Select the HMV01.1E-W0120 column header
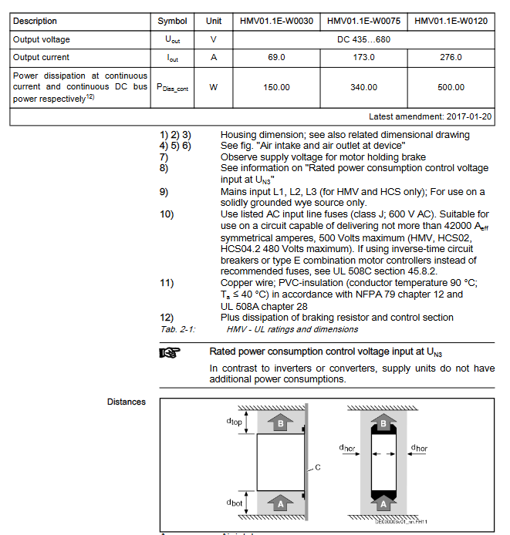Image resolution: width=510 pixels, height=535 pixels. pyautogui.click(x=451, y=21)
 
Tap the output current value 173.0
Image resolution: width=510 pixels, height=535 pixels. pyautogui.click(x=363, y=57)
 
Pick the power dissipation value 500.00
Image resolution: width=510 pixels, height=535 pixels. pyautogui.click(x=451, y=87)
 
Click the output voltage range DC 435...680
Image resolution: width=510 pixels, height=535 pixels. pyautogui.click(x=363, y=39)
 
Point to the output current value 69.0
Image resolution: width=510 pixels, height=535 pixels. pyautogui.click(x=276, y=57)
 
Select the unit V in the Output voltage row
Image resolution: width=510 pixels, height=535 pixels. pyautogui.click(x=214, y=39)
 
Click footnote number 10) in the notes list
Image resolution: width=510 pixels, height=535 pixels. pyautogui.click(x=167, y=214)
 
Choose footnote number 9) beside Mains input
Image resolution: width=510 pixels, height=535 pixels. pyautogui.click(x=164, y=191)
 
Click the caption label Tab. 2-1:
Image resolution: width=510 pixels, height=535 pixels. pyautogui.click(x=178, y=329)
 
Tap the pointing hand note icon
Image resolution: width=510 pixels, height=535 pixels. pyautogui.click(x=169, y=352)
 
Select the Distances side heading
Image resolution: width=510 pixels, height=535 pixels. pyautogui.click(x=127, y=402)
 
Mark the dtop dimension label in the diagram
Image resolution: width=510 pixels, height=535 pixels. pyautogui.click(x=234, y=422)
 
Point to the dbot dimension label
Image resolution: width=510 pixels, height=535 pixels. pyautogui.click(x=234, y=502)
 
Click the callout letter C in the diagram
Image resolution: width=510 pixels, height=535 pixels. pyautogui.click(x=318, y=467)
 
